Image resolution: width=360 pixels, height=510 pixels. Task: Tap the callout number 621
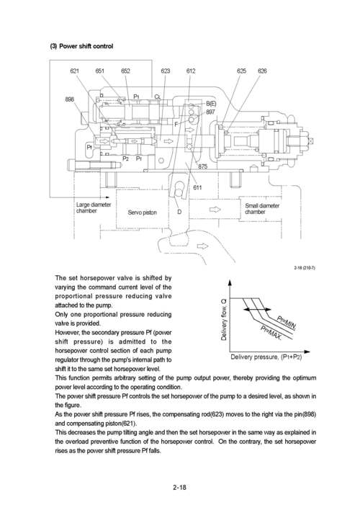pyautogui.click(x=75, y=71)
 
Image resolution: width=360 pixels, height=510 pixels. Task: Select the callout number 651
pyautogui.click(x=100, y=71)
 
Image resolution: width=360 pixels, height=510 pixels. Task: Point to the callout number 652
pyautogui.click(x=125, y=71)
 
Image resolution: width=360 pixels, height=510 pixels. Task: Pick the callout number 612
pyautogui.click(x=191, y=71)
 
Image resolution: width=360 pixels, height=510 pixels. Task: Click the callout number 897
pyautogui.click(x=210, y=112)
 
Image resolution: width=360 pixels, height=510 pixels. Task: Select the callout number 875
pyautogui.click(x=203, y=166)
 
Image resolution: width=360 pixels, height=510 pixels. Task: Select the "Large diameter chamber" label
pyautogui.click(x=93, y=208)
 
